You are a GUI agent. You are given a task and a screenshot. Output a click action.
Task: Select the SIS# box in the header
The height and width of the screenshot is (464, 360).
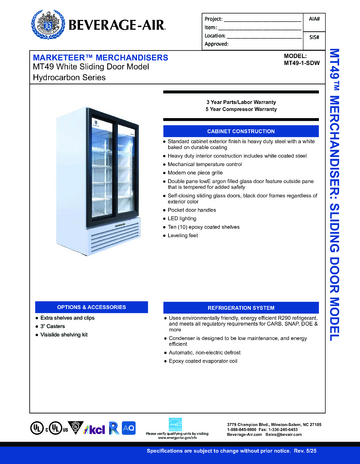point(313,38)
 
